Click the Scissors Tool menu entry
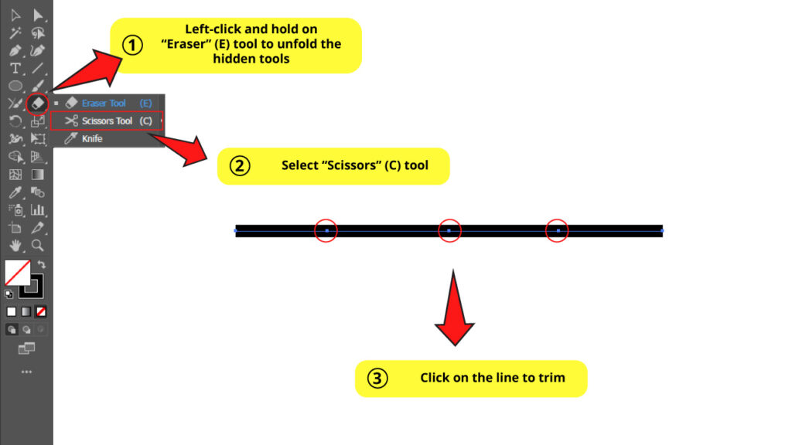tap(107, 121)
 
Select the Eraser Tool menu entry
tap(104, 103)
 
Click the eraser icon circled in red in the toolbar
tap(36, 103)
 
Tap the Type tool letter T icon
tap(15, 68)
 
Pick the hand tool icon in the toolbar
tap(15, 246)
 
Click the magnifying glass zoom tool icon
tap(37, 246)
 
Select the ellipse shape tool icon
tap(15, 86)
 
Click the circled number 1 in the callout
tap(134, 46)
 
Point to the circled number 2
tap(241, 166)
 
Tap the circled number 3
tap(377, 379)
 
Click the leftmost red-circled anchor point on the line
tap(326, 230)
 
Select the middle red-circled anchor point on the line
tap(449, 230)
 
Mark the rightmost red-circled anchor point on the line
tap(558, 230)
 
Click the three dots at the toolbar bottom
tap(26, 372)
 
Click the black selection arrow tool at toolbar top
tap(37, 15)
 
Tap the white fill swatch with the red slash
tap(17, 272)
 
